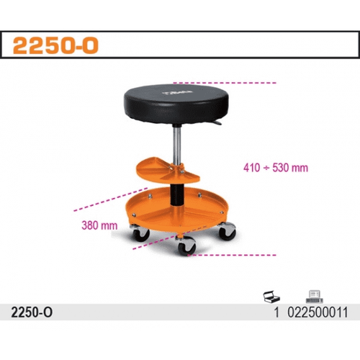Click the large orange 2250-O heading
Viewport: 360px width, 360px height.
tap(55, 45)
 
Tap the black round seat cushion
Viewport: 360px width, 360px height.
tap(176, 104)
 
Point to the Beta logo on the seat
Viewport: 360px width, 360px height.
tap(177, 92)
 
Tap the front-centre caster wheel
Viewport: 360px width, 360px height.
tap(186, 246)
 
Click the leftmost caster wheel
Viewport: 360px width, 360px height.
tap(140, 233)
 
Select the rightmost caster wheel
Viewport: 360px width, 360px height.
tap(228, 232)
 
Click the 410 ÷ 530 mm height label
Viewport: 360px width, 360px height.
tap(276, 168)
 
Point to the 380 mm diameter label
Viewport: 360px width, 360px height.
tap(99, 225)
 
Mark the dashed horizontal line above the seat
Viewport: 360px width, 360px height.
tap(225, 83)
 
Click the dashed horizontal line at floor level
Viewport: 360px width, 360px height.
tap(232, 255)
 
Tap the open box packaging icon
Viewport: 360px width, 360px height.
tap(271, 297)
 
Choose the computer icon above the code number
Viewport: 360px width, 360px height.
tap(315, 297)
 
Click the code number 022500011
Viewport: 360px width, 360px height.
tap(318, 312)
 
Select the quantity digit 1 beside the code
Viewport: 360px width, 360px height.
tap(276, 312)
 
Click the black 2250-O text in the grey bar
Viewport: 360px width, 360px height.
tap(32, 312)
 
